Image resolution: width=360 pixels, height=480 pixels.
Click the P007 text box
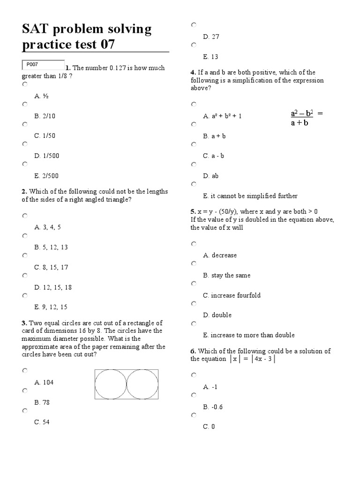pyautogui.click(x=43, y=65)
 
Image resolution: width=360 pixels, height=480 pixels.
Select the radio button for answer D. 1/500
pyautogui.click(x=25, y=144)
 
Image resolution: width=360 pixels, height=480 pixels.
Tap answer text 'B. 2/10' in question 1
pyautogui.click(x=45, y=116)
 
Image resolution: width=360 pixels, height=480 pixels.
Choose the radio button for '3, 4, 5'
pyautogui.click(x=25, y=216)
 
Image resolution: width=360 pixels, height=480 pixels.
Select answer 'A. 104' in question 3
pyautogui.click(x=44, y=382)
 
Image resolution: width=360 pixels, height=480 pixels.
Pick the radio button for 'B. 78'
pyautogui.click(x=25, y=390)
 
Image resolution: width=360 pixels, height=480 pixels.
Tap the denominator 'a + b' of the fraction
pyautogui.click(x=300, y=123)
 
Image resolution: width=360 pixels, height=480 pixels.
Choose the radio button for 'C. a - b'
pyautogui.click(x=194, y=144)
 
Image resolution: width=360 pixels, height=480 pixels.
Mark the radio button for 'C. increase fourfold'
pyautogui.click(x=194, y=284)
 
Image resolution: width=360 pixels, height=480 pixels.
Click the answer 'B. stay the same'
pyautogui.click(x=227, y=275)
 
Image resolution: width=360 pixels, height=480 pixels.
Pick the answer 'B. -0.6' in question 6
pyautogui.click(x=213, y=407)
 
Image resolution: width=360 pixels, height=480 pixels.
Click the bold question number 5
pyautogui.click(x=193, y=211)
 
